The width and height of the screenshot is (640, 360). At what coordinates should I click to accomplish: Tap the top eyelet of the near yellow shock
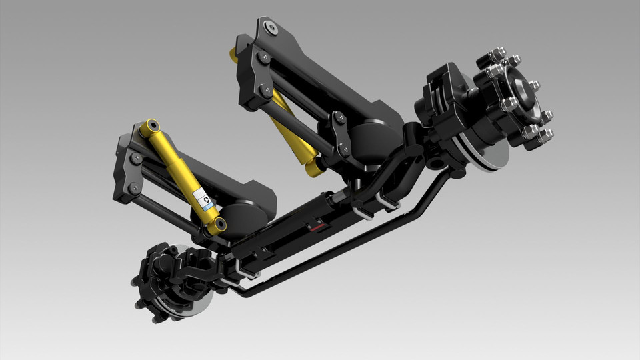pos(153,125)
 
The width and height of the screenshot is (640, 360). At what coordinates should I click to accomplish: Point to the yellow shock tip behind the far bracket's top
pos(235,54)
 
